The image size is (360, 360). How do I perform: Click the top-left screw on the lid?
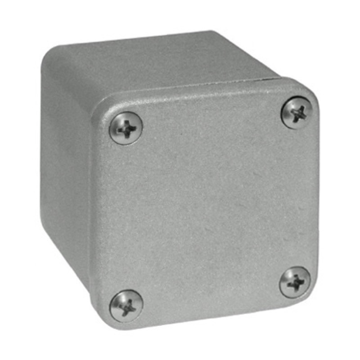[x=126, y=128]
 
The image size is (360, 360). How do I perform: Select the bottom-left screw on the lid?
[x=126, y=306]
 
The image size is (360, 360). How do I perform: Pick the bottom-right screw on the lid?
[x=295, y=282]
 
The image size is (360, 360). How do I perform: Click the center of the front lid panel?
[x=207, y=207]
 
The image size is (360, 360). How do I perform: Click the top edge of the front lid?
[x=202, y=92]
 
